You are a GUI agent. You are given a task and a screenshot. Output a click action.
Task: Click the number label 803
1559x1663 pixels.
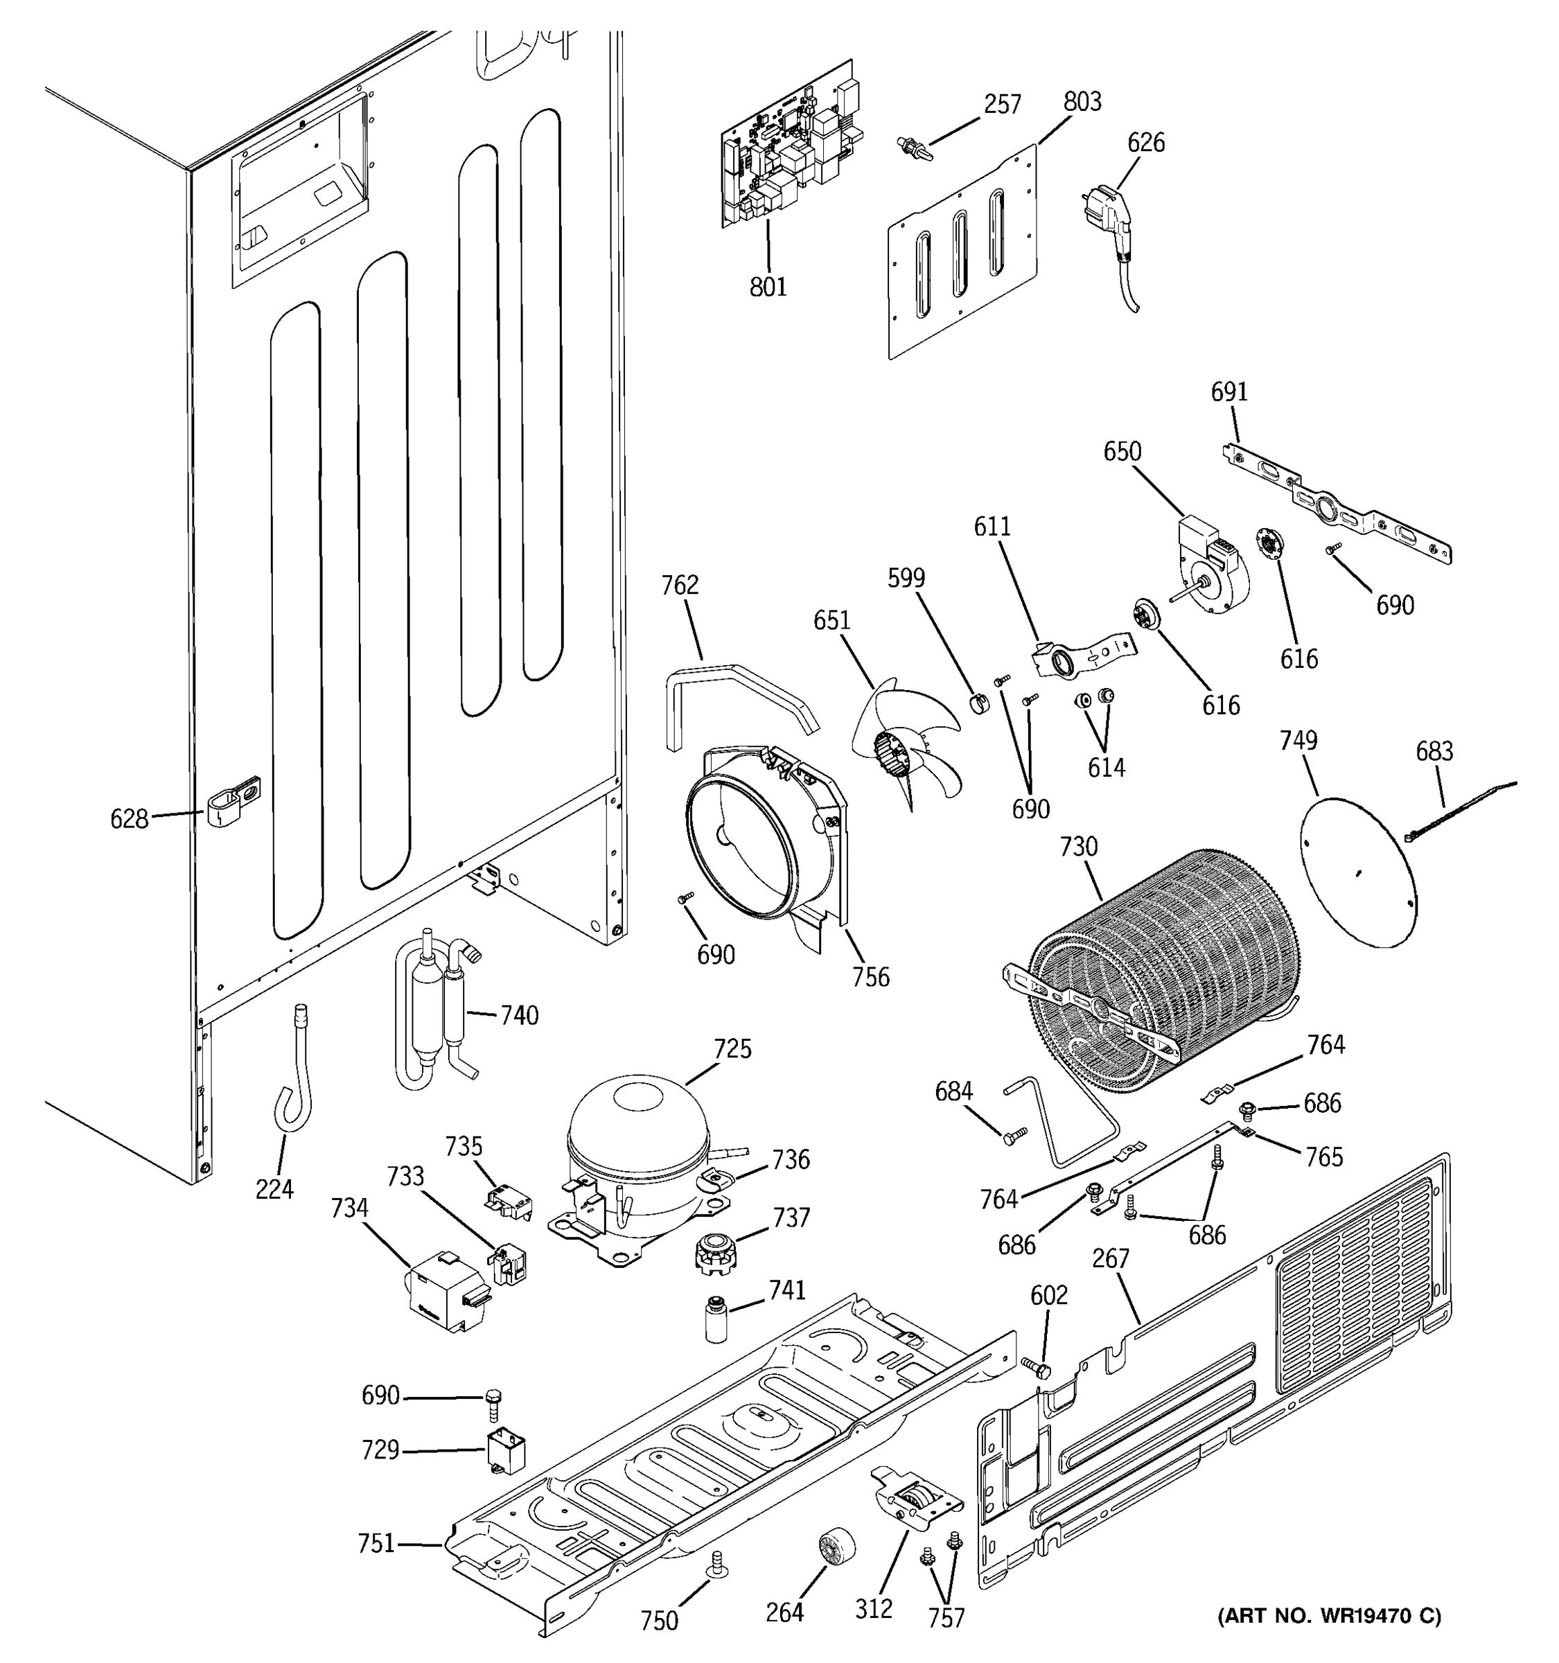1082,101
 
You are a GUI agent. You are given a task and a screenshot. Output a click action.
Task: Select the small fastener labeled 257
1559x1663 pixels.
911,149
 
